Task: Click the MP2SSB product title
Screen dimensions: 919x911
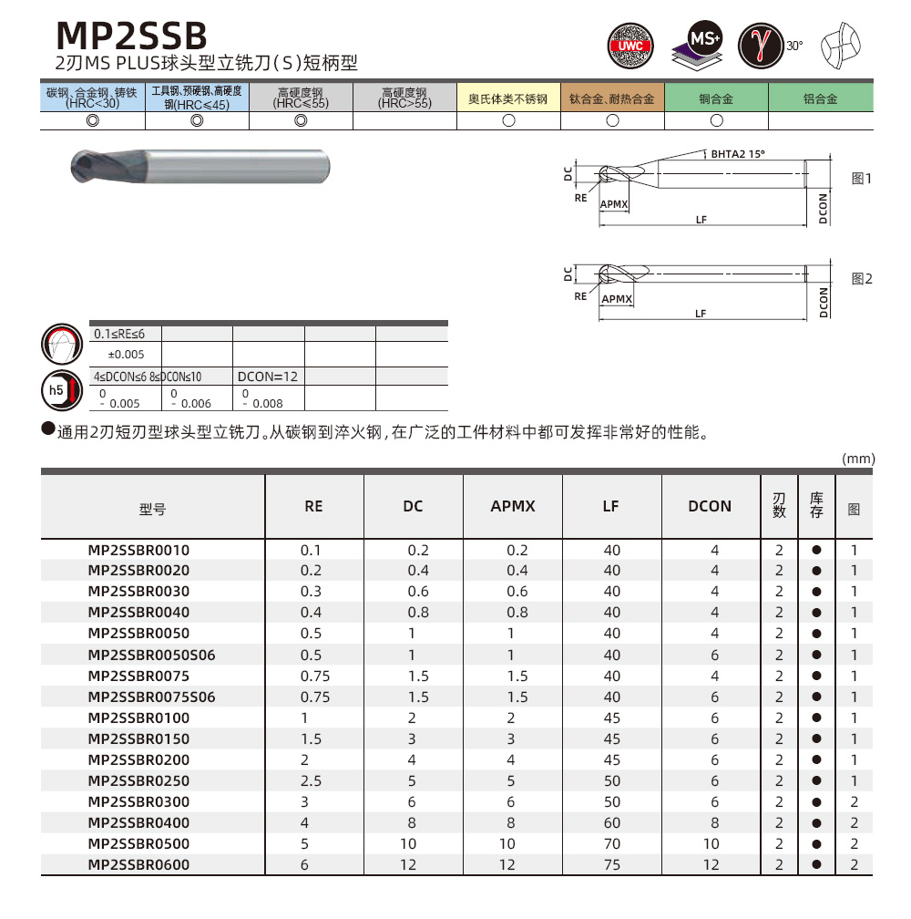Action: (132, 35)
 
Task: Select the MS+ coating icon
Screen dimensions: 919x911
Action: (700, 45)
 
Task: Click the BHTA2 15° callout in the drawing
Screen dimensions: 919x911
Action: (738, 154)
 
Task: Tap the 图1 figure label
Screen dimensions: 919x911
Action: (861, 179)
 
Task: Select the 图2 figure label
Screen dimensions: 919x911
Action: (861, 279)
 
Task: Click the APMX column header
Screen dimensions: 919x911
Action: (513, 506)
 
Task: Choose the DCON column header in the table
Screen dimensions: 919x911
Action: (710, 506)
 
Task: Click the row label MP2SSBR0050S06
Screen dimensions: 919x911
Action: (151, 655)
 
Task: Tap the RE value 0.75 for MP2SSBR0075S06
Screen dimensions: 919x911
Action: (314, 697)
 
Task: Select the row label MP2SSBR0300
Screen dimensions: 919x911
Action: (138, 802)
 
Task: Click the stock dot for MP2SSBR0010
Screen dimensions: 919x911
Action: (816, 550)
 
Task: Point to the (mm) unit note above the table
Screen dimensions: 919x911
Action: (858, 459)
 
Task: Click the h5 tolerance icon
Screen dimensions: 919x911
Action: (57, 391)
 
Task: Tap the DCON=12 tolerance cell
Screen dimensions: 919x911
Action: (268, 376)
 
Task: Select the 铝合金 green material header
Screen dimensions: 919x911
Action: (820, 98)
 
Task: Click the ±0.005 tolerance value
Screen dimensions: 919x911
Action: (120, 354)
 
